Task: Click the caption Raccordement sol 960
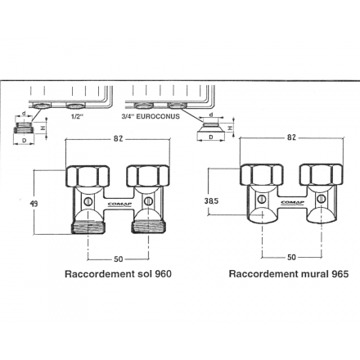tap(118, 274)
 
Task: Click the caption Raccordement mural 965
tap(289, 274)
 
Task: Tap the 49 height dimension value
tap(34, 204)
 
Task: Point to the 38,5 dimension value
tap(212, 201)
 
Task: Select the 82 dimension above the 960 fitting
tap(118, 139)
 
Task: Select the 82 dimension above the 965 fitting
tap(291, 137)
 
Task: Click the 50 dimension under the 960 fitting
tap(119, 259)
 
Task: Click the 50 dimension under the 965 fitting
tap(291, 257)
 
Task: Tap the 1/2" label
tap(77, 116)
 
